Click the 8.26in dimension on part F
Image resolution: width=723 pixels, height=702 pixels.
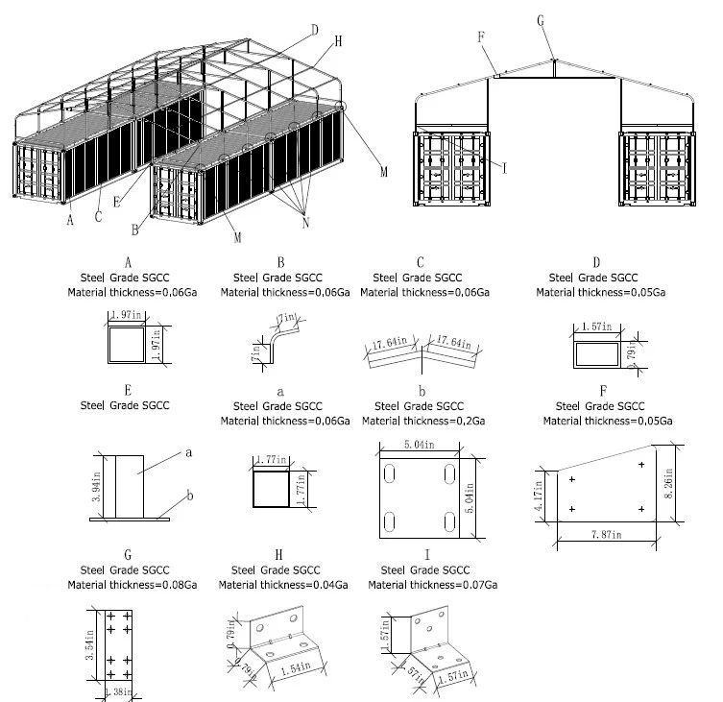tap(668, 479)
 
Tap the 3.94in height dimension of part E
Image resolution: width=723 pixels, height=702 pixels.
tap(96, 486)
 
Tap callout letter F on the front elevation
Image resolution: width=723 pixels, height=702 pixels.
tap(482, 37)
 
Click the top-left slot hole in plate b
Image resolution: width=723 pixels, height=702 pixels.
tap(390, 474)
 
